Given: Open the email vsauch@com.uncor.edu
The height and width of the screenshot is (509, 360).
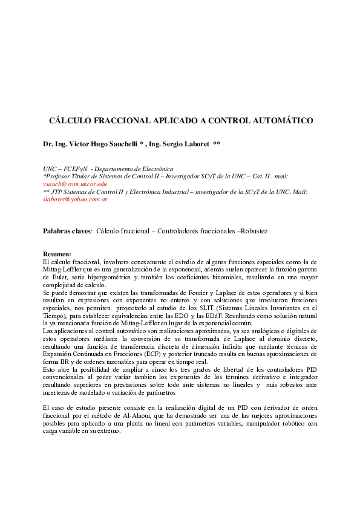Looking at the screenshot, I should [x=74, y=184].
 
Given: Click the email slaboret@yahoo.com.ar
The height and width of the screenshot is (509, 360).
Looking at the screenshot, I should [x=75, y=199].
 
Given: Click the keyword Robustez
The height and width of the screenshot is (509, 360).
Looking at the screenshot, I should [x=254, y=231].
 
